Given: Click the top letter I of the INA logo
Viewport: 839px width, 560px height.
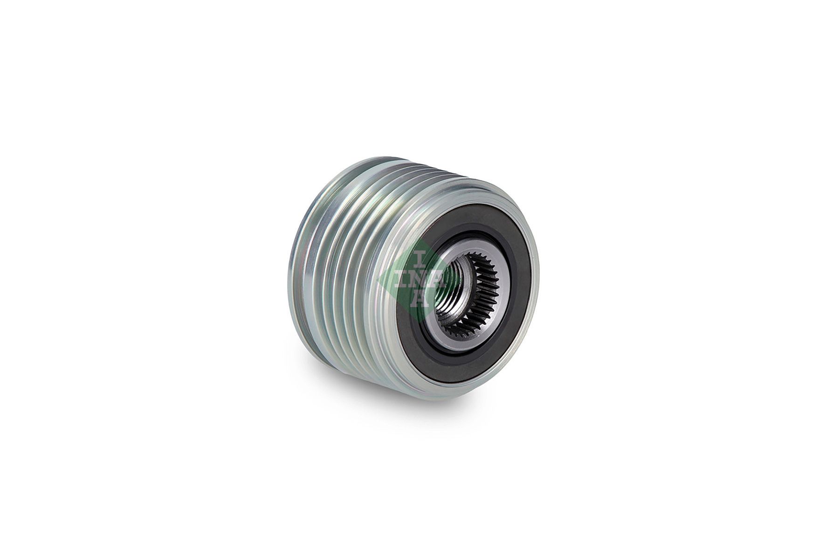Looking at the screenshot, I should [419, 257].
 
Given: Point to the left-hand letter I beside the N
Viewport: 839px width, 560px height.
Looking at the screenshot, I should [405, 279].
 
